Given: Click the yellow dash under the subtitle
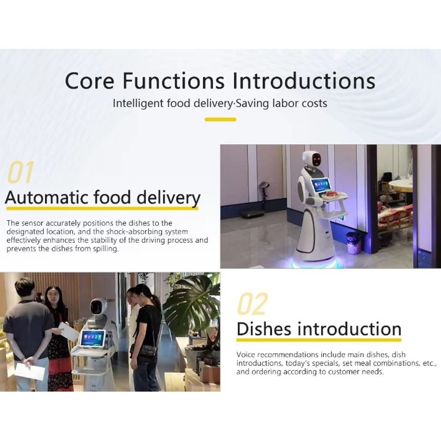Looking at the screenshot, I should point(220,119).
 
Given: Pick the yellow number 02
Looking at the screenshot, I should point(252,304).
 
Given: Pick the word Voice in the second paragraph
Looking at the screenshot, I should point(246,355).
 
